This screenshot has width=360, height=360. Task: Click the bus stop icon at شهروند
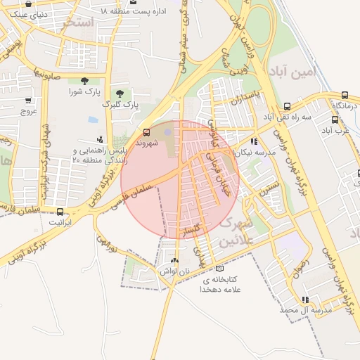point(146,132)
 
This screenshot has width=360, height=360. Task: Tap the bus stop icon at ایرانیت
point(59,211)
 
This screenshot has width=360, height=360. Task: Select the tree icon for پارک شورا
point(85,81)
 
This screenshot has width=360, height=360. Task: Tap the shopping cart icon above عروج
point(28,101)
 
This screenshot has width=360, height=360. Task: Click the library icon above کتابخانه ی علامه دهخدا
point(220,269)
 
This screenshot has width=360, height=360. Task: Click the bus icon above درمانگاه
point(345,95)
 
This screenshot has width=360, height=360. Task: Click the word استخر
point(78,22)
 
